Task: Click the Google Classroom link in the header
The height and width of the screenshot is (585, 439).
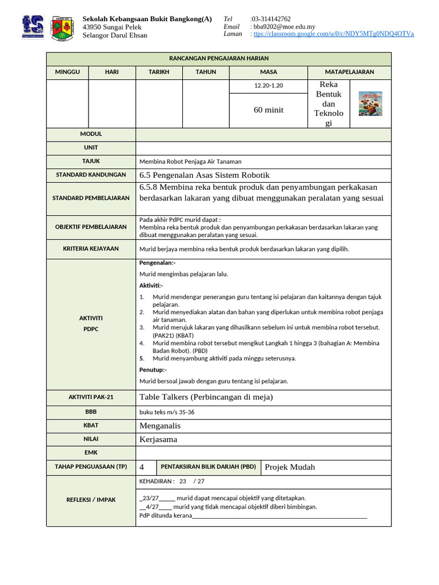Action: coord(334,34)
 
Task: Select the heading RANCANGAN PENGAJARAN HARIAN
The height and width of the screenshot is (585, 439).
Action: coord(219,58)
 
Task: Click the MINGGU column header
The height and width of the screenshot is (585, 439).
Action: coord(67,72)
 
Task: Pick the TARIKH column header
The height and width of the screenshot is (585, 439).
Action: coord(159,72)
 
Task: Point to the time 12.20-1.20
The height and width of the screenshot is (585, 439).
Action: coord(269,86)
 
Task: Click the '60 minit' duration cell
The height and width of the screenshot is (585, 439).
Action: coord(269,110)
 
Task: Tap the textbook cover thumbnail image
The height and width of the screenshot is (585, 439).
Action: coord(370,104)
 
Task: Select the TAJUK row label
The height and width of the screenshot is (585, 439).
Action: coord(90,161)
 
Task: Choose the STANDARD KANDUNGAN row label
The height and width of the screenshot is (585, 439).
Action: coord(90,175)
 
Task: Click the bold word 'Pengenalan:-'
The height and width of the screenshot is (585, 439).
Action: coord(157,263)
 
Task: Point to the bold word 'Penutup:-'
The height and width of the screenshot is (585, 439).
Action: coord(153,370)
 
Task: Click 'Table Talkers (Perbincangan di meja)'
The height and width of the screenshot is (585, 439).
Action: coord(206,397)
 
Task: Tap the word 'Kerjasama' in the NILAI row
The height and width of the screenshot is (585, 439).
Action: coord(158,439)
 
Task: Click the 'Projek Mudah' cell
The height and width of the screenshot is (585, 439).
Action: coord(290,467)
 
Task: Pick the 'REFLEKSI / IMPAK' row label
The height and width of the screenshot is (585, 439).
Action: coord(90,500)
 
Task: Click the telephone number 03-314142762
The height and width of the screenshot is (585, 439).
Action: coord(271,19)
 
